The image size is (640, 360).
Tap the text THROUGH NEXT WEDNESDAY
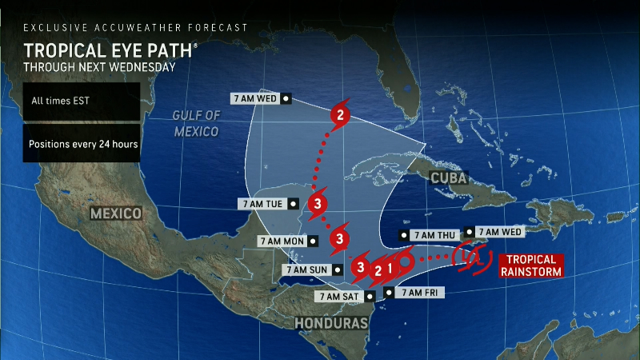point(99,67)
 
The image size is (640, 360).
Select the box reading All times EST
point(60,102)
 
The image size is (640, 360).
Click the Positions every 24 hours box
point(81,145)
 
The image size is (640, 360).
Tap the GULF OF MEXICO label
point(196,123)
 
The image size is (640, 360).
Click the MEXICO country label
point(115,214)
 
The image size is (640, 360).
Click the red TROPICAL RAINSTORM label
point(530,266)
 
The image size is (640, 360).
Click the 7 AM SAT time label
point(339,296)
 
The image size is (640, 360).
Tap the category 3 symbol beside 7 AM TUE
point(318,202)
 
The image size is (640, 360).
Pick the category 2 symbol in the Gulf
point(341,114)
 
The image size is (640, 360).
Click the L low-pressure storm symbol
point(470,256)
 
